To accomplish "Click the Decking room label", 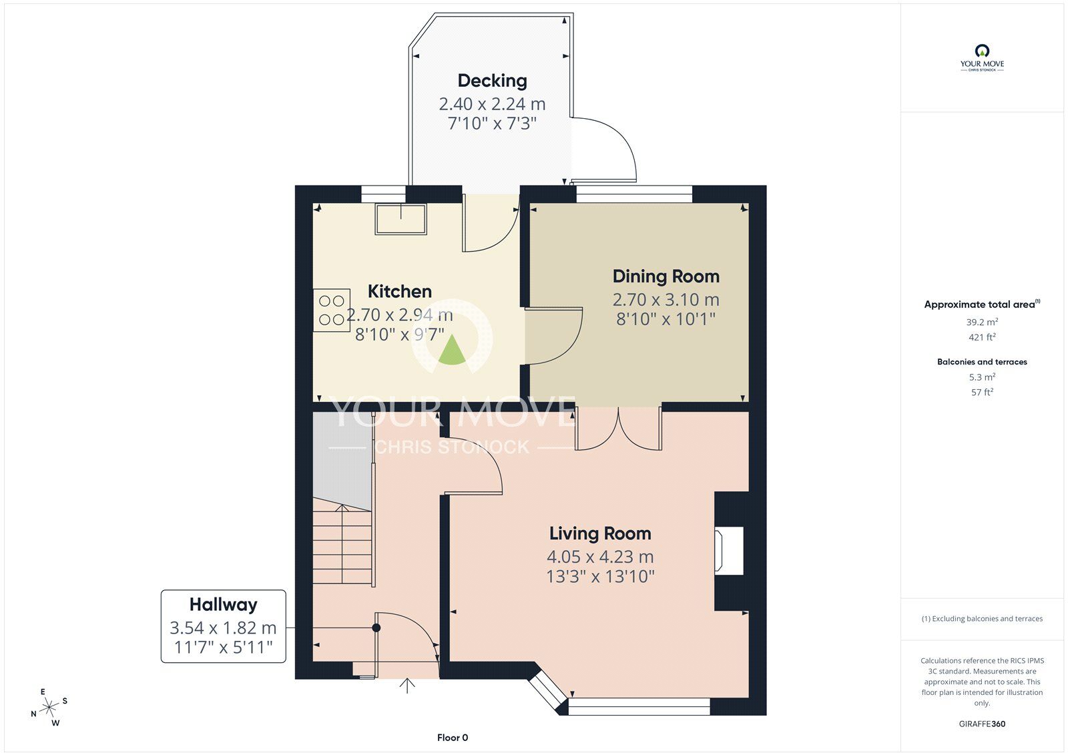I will pyautogui.click(x=492, y=81).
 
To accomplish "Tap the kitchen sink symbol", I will pyautogui.click(x=400, y=219).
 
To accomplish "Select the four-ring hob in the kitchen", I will pyautogui.click(x=332, y=310).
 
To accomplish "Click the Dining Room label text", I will pyautogui.click(x=665, y=276).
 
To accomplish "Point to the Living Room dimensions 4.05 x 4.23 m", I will pyautogui.click(x=599, y=557).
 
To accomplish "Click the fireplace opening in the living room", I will pyautogui.click(x=730, y=551).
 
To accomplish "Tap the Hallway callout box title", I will pyautogui.click(x=223, y=605).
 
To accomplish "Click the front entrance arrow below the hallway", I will pyautogui.click(x=407, y=686).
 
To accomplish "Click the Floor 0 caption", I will pyautogui.click(x=453, y=738).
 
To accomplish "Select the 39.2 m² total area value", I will pyautogui.click(x=982, y=322).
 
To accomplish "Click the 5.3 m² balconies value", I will pyautogui.click(x=982, y=377).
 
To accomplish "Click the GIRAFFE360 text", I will pyautogui.click(x=982, y=724).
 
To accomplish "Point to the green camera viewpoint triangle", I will pyautogui.click(x=453, y=351).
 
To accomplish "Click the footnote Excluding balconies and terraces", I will pyautogui.click(x=982, y=619).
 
